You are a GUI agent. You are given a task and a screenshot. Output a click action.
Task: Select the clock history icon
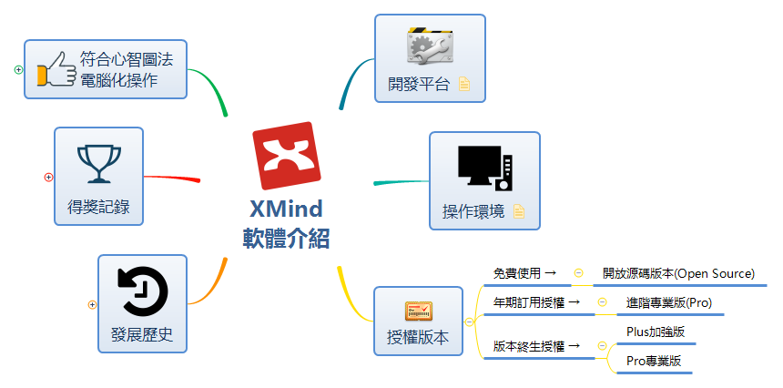[142, 291]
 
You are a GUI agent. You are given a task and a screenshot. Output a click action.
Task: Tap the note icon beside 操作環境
[519, 211]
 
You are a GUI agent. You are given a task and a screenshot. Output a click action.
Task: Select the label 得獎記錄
[99, 207]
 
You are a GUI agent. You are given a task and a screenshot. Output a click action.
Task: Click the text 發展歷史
[142, 334]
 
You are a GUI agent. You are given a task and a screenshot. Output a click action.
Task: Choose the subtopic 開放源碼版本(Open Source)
[678, 272]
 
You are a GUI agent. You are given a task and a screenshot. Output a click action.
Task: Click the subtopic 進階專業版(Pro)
[669, 301]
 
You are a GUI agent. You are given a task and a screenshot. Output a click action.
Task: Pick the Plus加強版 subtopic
[656, 332]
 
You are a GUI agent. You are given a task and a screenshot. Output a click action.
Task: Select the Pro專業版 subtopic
[653, 361]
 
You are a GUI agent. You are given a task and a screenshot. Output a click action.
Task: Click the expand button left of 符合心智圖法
[19, 69]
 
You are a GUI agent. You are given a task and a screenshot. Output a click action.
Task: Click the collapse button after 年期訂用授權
[602, 301]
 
